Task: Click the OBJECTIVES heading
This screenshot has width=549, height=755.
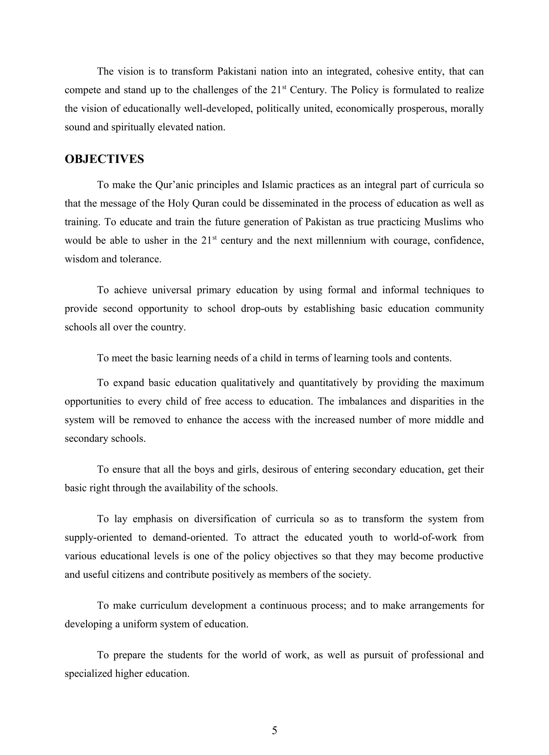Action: pos(104,159)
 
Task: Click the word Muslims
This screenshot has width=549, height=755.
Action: pos(443,222)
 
